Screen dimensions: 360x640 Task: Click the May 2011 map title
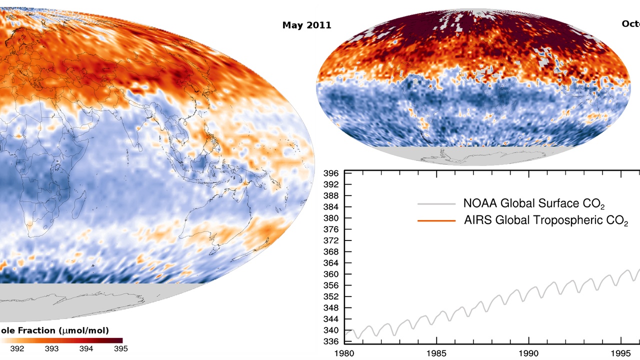(306, 25)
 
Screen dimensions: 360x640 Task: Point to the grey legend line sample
(436, 204)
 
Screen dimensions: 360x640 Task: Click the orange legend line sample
(436, 220)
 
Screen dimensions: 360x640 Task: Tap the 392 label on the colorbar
(17, 349)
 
